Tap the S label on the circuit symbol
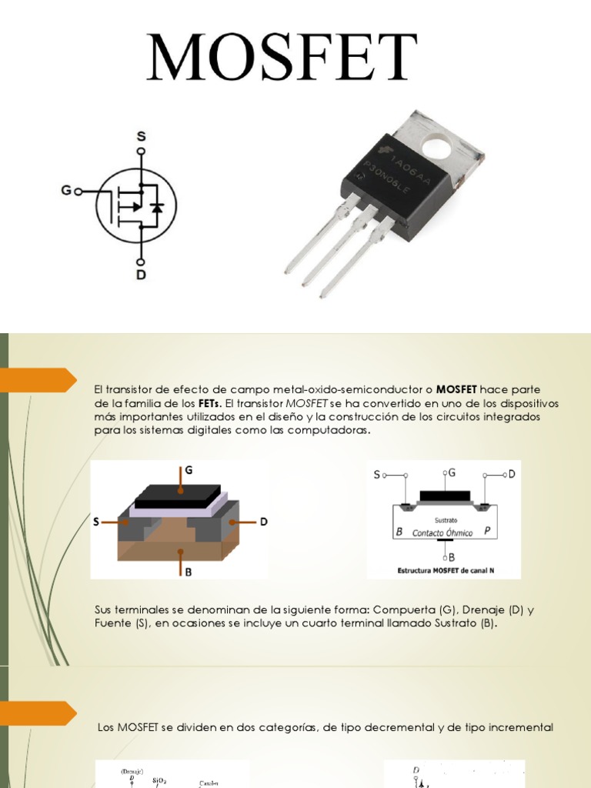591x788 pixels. pyautogui.click(x=141, y=136)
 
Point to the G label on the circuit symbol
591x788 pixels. pyautogui.click(x=67, y=190)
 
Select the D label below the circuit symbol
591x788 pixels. pyautogui.click(x=141, y=272)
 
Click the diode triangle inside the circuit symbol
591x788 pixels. pyautogui.click(x=157, y=207)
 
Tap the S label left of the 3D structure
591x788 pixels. pyautogui.click(x=96, y=522)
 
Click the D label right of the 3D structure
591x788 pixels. pyautogui.click(x=263, y=522)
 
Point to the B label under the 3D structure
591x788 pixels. pyautogui.click(x=188, y=572)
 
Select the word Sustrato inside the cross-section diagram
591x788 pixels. pyautogui.click(x=446, y=520)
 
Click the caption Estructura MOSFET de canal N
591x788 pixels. pyautogui.click(x=444, y=571)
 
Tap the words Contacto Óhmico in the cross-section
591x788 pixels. pyautogui.click(x=443, y=533)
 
